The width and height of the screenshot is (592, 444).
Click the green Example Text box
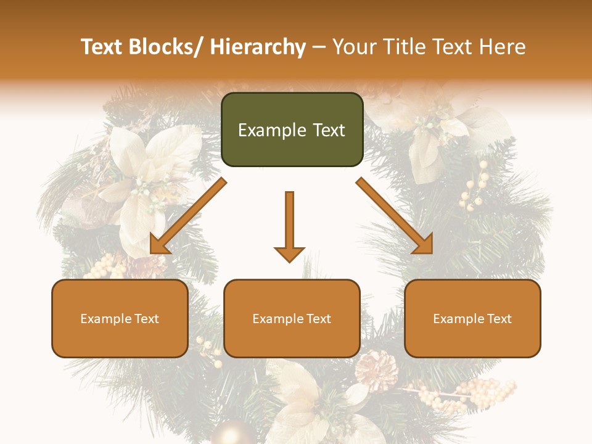(x=292, y=129)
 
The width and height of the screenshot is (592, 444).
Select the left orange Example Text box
(x=120, y=318)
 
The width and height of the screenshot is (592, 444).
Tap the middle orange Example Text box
(x=292, y=318)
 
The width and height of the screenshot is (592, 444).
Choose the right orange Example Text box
(x=472, y=318)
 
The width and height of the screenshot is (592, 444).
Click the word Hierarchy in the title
(x=258, y=47)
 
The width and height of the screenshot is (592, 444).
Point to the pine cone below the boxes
(x=376, y=370)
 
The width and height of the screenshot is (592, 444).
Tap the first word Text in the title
(x=103, y=47)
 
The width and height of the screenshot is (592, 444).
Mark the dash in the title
(x=319, y=47)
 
